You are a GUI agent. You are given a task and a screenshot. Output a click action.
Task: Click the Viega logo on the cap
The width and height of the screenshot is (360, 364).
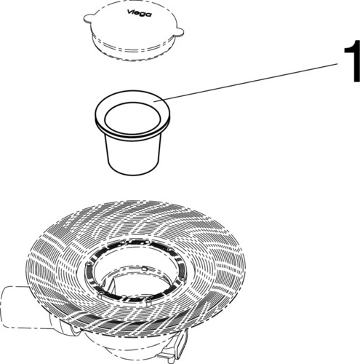[139, 13]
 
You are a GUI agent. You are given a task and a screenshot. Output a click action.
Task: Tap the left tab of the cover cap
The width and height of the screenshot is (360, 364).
[88, 18]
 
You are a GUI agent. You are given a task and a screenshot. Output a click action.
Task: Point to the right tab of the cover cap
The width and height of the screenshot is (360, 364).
[178, 32]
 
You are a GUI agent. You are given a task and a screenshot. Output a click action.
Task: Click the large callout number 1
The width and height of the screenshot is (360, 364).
[352, 61]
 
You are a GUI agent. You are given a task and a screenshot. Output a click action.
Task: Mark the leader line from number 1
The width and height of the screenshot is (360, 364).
[248, 82]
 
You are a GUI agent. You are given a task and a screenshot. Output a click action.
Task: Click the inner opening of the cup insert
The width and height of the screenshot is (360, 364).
[132, 118]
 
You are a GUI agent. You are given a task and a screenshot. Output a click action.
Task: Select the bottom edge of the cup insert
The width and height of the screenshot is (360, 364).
[133, 173]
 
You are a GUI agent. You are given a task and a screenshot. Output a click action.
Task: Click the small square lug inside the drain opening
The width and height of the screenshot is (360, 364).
[144, 269]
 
